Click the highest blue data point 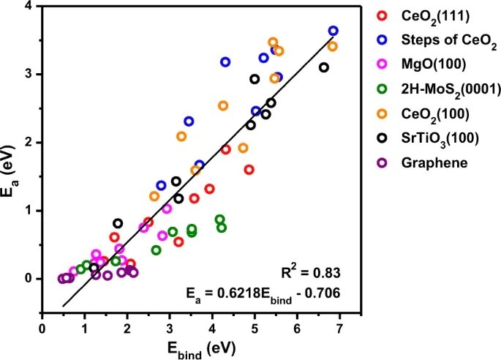click(x=334, y=31)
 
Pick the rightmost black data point click(x=324, y=67)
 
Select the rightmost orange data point click(x=333, y=46)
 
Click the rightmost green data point click(x=222, y=228)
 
